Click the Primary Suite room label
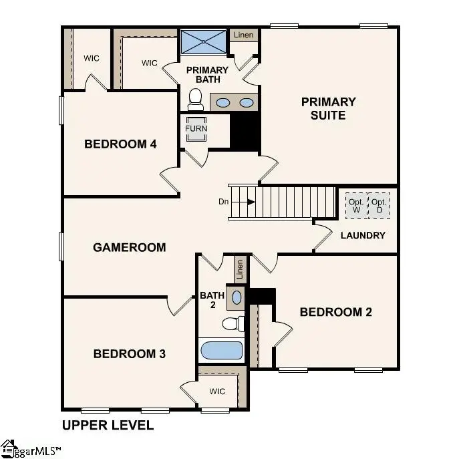pos(328,108)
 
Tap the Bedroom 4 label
pos(120,144)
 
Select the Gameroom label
pos(129,247)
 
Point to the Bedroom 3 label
pos(129,353)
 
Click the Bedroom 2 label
pos(335,311)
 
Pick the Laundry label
pos(363,235)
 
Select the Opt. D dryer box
pos(379,206)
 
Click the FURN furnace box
pos(196,129)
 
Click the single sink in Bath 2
pos(237,296)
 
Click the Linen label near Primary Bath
pos(243,34)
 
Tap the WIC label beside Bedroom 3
pos(218,390)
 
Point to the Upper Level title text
pos(108,425)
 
